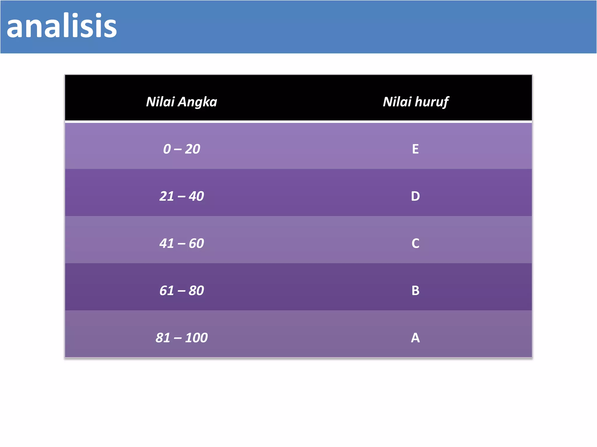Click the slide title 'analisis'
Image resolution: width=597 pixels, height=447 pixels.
click(x=62, y=26)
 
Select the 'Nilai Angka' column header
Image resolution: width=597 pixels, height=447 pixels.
click(x=182, y=102)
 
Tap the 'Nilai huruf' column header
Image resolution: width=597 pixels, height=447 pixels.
click(x=415, y=102)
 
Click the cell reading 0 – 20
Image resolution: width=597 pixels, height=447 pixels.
click(x=182, y=149)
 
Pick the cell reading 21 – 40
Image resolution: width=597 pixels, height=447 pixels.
click(x=182, y=196)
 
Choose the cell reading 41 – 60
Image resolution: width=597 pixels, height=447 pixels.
click(x=182, y=243)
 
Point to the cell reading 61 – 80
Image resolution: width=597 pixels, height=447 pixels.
click(x=182, y=290)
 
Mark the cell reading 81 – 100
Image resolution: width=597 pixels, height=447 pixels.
click(x=182, y=338)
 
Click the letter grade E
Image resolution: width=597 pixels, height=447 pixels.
click(x=415, y=149)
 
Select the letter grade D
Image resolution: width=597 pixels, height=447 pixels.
click(x=415, y=196)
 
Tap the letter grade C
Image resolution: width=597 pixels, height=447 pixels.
click(x=415, y=243)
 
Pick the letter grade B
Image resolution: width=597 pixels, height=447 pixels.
click(x=415, y=290)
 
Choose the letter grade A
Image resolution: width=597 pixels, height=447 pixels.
click(x=415, y=338)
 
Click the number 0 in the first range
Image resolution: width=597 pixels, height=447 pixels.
click(x=167, y=149)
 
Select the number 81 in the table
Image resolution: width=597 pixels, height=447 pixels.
click(x=163, y=338)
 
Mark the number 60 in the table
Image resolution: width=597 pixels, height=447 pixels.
click(x=196, y=243)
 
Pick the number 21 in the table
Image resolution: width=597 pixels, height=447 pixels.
click(x=167, y=196)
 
